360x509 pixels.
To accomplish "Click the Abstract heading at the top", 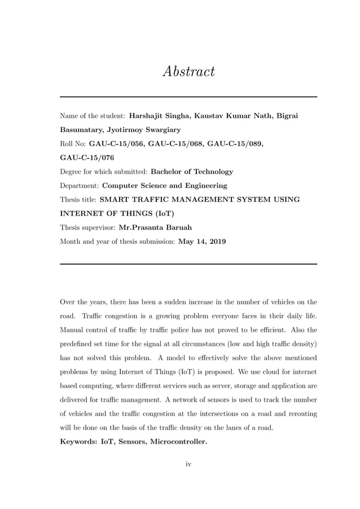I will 188,72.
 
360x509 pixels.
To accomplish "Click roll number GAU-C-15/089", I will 235,144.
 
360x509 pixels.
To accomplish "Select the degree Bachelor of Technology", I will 192,172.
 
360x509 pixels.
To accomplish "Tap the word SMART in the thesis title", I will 116,199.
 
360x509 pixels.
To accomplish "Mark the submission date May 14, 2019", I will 202,242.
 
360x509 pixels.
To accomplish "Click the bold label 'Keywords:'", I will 79,442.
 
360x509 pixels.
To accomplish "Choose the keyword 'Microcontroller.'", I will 178,442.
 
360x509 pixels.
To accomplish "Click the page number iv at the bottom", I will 189,464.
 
